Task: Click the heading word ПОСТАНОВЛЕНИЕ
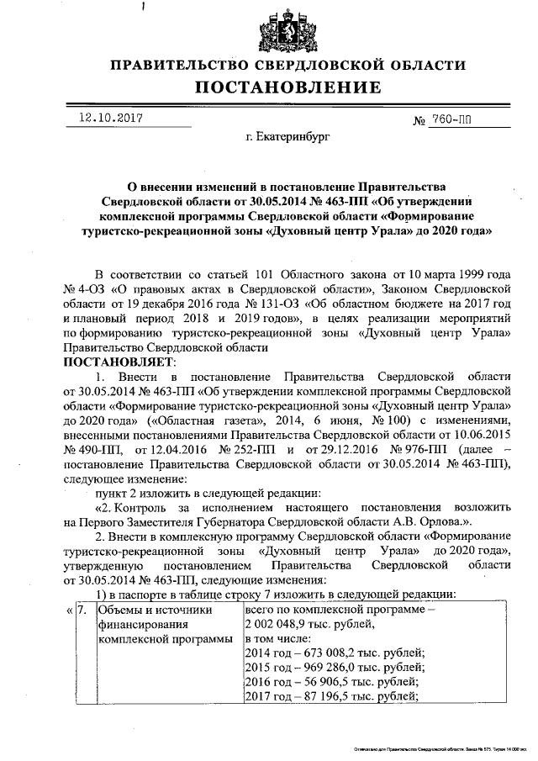point(288,87)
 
